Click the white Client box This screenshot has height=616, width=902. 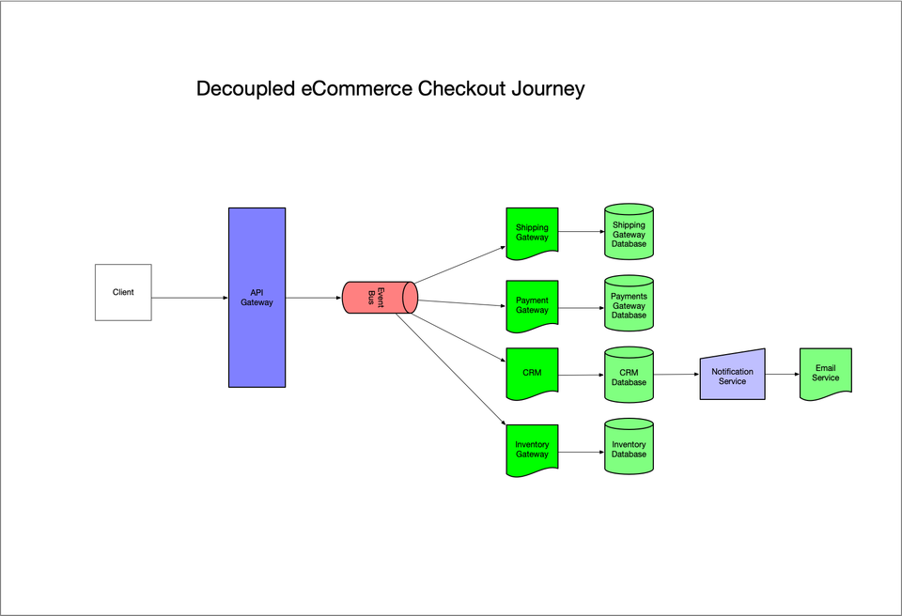tap(123, 292)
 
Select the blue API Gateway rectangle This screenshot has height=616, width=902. tap(257, 298)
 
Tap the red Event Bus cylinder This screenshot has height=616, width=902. tap(379, 297)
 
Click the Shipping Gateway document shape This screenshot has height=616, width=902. tap(532, 232)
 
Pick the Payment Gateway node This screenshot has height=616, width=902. tap(532, 305)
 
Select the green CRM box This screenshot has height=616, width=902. tap(532, 374)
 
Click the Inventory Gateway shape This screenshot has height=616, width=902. tap(532, 449)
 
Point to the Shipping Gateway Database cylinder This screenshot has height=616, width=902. tap(629, 233)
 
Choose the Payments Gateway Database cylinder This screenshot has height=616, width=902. tap(629, 304)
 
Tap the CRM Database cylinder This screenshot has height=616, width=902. tap(629, 377)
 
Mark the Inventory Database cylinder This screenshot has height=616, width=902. tap(629, 448)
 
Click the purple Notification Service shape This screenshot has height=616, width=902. tap(732, 376)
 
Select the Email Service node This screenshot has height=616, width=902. tap(825, 374)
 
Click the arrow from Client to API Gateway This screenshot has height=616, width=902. tap(190, 298)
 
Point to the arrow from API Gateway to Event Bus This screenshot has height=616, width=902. tap(314, 298)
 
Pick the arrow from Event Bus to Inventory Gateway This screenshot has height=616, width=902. tap(451, 369)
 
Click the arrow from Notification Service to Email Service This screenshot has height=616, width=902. tap(782, 375)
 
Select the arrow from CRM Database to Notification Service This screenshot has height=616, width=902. tap(676, 375)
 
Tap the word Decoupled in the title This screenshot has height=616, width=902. tap(245, 89)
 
